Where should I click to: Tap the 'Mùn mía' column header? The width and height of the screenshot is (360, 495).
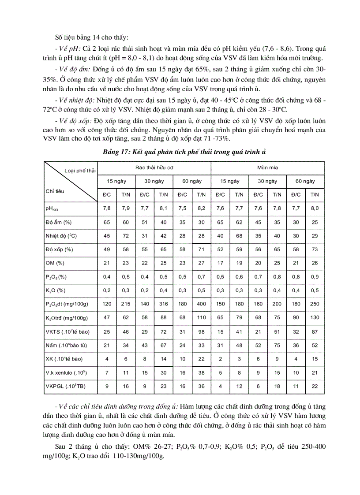267,168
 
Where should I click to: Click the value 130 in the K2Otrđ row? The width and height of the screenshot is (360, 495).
315,318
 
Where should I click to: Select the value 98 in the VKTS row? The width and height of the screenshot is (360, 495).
201,331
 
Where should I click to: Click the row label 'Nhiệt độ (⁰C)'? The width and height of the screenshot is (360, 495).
61,236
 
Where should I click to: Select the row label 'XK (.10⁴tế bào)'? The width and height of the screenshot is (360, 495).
64,359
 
